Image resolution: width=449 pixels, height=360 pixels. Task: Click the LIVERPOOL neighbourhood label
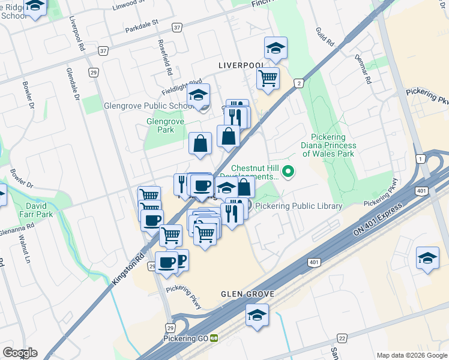[241, 65]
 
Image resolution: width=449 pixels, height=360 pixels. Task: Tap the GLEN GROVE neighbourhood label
[247, 295]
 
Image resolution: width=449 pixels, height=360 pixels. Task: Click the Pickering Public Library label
[298, 206]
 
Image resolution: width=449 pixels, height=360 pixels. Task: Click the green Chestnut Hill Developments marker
[289, 172]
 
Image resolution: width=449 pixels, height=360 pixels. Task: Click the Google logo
[20, 353]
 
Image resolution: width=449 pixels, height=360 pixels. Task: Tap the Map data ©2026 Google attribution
[411, 355]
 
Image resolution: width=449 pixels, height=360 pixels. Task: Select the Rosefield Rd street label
[166, 58]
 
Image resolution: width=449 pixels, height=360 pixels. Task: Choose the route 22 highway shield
[342, 339]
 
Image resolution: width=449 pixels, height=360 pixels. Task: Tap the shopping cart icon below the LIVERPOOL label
[268, 77]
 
